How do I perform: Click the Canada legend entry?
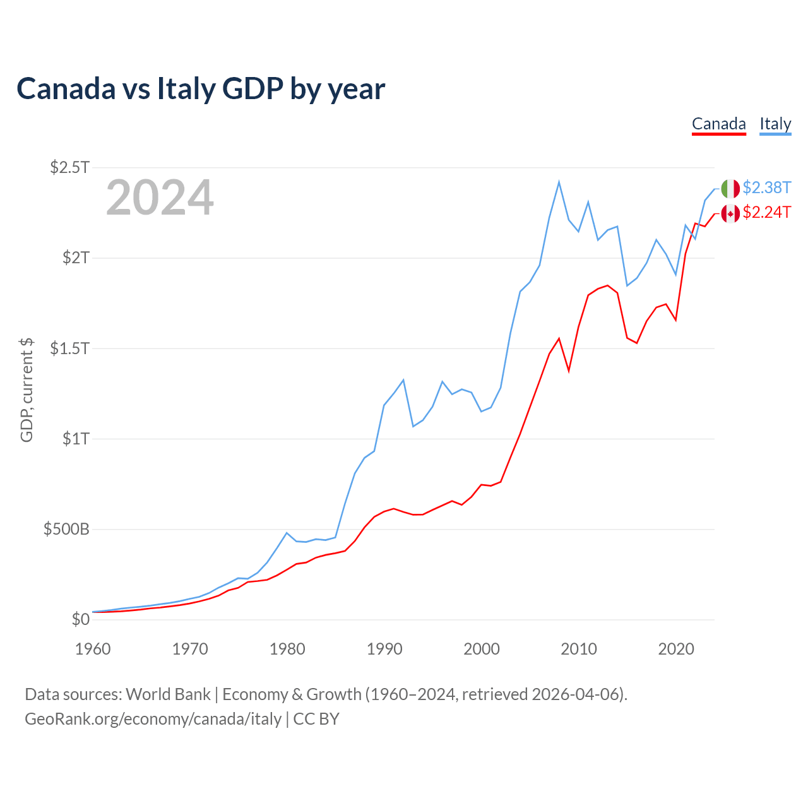718,124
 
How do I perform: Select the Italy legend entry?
775,124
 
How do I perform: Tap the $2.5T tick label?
70,167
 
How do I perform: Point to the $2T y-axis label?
76,258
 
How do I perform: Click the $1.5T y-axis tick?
70,348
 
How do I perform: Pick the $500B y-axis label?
66,529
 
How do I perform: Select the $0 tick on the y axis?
81,619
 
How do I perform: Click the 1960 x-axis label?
93,649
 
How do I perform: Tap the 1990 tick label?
384,649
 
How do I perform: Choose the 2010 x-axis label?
579,649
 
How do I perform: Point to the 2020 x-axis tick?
676,649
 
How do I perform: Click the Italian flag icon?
730,188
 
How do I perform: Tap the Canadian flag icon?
730,213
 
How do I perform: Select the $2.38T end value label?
767,187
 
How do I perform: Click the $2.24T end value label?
767,213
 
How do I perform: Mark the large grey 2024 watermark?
160,198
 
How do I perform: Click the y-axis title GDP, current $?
27,389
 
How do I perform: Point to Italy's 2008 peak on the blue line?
559,182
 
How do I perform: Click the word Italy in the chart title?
186,88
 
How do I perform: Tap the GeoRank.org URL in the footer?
153,719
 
